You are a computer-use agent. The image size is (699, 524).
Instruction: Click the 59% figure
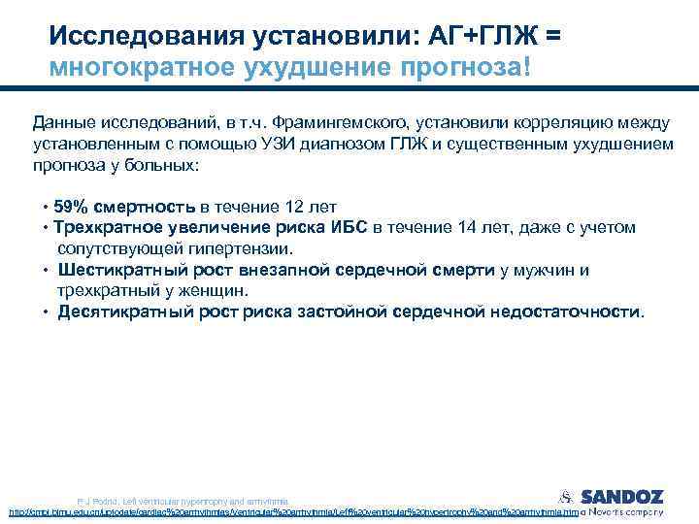(71, 207)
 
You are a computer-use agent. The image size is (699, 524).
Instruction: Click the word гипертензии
(199, 248)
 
